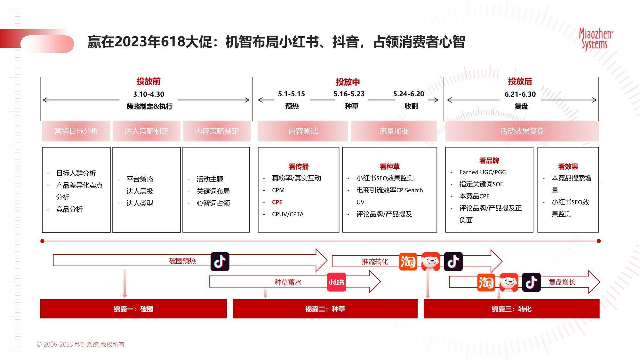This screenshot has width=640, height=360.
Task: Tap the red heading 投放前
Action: [148, 81]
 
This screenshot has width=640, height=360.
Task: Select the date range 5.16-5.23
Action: [349, 94]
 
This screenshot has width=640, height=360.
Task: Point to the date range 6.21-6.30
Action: [520, 94]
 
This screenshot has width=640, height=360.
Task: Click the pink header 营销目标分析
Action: [76, 131]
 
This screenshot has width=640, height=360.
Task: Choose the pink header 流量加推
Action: [394, 131]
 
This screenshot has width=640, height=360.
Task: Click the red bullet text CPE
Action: [277, 202]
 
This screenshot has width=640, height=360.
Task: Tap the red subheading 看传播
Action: [299, 166]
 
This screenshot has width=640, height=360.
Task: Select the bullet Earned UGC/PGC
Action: [483, 172]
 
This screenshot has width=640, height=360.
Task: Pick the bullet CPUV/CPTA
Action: [288, 214]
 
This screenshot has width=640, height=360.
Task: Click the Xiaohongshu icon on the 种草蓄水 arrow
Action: [336, 282]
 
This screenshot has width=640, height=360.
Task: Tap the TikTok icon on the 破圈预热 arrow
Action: [220, 261]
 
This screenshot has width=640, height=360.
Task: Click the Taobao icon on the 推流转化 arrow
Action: [408, 261]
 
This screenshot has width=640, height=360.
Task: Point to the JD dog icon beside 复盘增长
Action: [509, 282]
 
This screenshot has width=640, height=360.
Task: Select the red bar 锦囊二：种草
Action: [325, 309]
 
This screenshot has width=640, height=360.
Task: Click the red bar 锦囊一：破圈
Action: [133, 309]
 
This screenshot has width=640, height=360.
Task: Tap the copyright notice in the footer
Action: [80, 344]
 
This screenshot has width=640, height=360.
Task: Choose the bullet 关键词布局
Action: [213, 191]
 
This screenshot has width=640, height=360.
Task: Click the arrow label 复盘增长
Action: [562, 282]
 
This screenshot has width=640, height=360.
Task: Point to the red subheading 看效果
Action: [568, 166]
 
